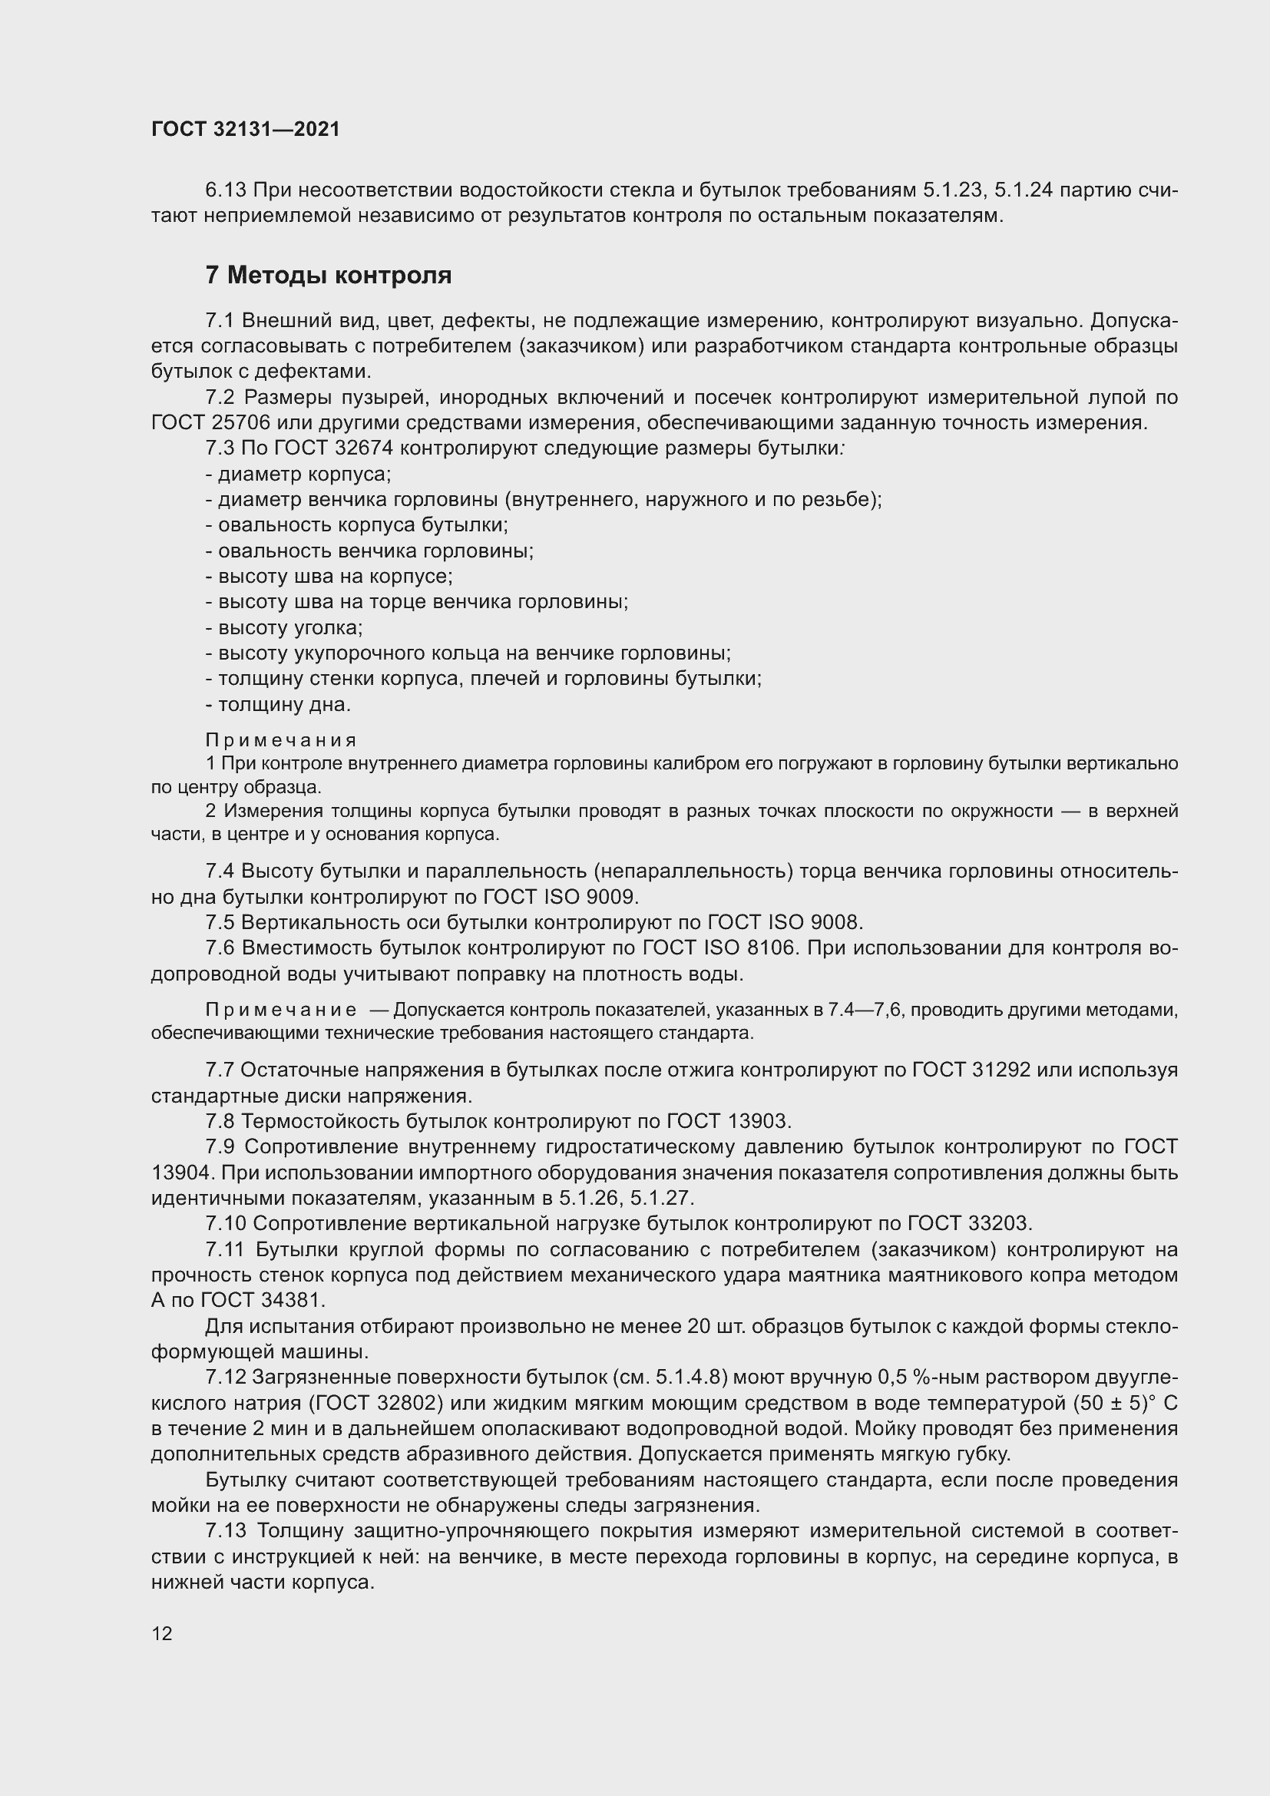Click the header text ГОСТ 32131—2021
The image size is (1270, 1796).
point(246,130)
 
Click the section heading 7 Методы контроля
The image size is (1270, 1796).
point(329,276)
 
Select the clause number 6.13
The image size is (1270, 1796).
point(225,190)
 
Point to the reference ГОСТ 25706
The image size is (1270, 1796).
point(210,423)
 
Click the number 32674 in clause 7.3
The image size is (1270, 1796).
point(369,448)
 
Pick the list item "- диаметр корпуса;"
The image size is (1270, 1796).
point(298,474)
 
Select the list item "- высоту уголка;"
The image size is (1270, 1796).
point(284,627)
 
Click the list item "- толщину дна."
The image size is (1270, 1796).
point(279,704)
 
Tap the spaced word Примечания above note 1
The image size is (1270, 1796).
point(281,740)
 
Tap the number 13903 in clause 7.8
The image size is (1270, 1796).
point(757,1121)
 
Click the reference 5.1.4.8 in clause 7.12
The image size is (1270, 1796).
point(683,1377)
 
